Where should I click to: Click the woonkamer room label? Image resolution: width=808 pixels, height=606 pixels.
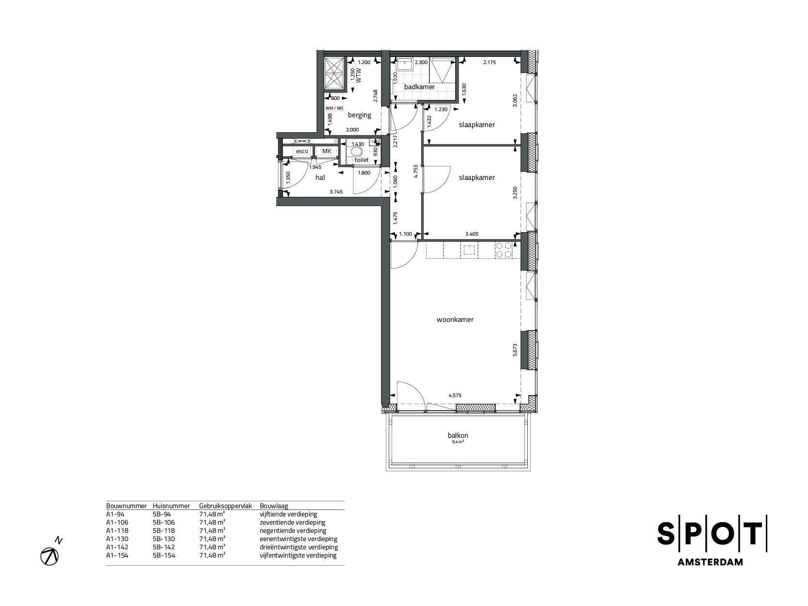point(455,320)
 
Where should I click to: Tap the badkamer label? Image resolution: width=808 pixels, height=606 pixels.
point(419,87)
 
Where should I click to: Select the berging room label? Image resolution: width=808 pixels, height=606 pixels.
point(359,115)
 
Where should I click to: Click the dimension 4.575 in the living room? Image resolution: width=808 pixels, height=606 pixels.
point(455,396)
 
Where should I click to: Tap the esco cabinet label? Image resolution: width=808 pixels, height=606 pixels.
point(302,151)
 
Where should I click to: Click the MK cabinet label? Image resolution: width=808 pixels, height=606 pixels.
point(327,151)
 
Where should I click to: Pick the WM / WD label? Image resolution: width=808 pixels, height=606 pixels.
point(334,108)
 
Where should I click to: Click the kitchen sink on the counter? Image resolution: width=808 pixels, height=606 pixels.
point(469,250)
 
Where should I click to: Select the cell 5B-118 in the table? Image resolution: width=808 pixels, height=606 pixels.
point(163,531)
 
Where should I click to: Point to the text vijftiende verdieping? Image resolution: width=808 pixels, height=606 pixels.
point(288,514)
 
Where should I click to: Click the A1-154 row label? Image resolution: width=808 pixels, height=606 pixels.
point(117,556)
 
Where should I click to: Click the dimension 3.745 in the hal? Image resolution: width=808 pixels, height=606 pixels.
point(336,192)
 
